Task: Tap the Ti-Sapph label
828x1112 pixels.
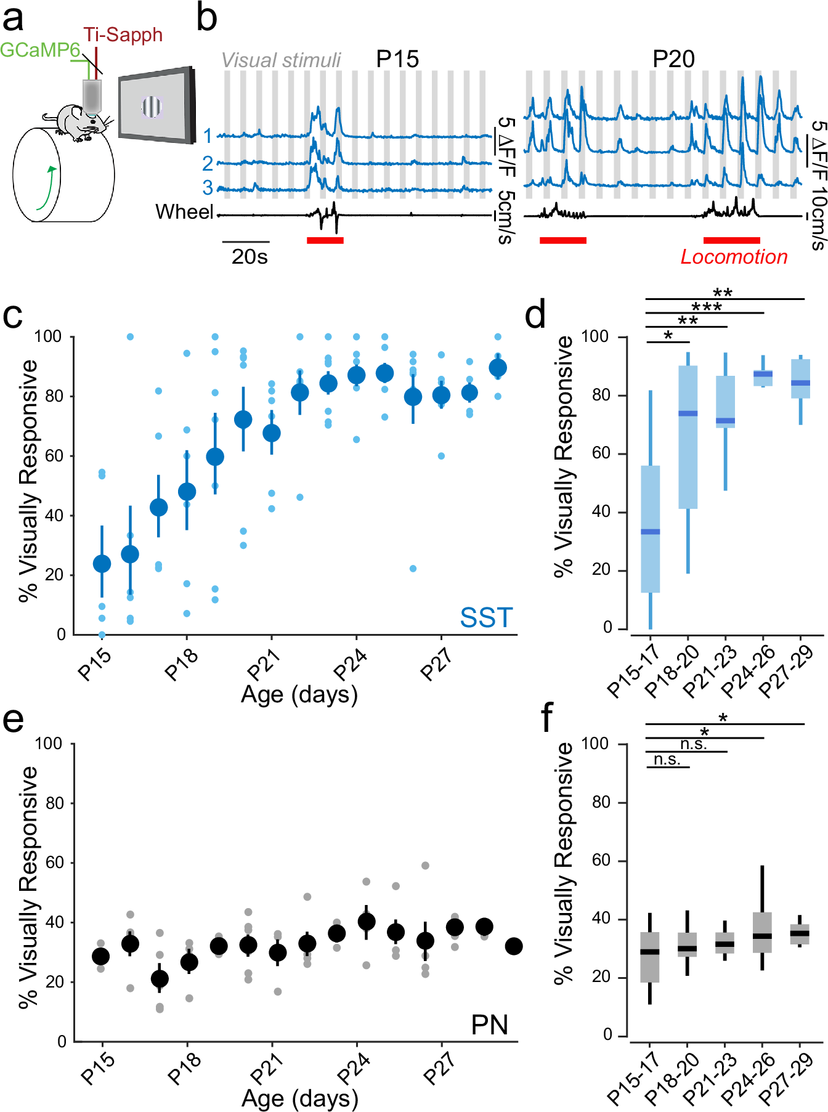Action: pyautogui.click(x=123, y=35)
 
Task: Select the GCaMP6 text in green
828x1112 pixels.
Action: pyautogui.click(x=39, y=50)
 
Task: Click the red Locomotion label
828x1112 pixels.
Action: pyautogui.click(x=733, y=257)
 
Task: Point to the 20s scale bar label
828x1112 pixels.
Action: pyautogui.click(x=250, y=257)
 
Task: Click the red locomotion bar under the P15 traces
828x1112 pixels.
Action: pyautogui.click(x=325, y=240)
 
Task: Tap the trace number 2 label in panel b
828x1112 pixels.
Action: pyautogui.click(x=208, y=163)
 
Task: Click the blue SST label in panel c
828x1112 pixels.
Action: pyautogui.click(x=486, y=618)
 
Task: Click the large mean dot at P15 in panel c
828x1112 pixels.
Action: pyautogui.click(x=102, y=564)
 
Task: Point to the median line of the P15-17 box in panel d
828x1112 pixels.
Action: pyautogui.click(x=651, y=532)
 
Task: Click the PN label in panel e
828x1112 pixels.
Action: pyautogui.click(x=489, y=1025)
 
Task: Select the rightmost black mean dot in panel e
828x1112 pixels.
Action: pyautogui.click(x=513, y=946)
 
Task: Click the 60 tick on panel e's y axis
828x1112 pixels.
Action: pyautogui.click(x=54, y=862)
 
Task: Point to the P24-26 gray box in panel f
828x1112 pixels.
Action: pyautogui.click(x=763, y=932)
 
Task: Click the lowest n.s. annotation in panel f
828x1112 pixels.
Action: pyautogui.click(x=667, y=760)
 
